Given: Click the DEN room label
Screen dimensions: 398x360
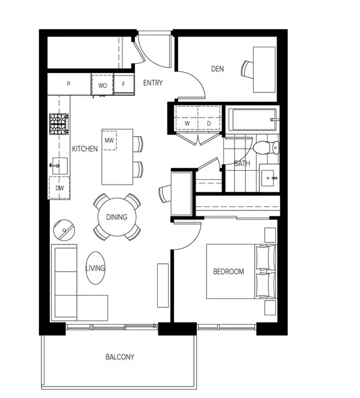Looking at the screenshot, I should [217, 69].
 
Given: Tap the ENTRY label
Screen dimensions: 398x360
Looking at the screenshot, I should [152, 83].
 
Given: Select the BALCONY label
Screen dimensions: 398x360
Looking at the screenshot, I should [120, 357].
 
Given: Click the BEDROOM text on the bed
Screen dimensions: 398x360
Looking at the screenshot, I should [229, 272].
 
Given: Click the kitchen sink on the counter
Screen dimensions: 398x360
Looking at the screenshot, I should [59, 164].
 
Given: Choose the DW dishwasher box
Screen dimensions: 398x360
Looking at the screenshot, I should [59, 188].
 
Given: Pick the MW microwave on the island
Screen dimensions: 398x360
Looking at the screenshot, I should [109, 141].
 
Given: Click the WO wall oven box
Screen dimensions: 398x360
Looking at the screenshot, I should [103, 85].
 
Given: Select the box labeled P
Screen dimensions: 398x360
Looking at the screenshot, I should [69, 85].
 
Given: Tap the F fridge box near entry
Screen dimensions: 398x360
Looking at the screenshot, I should [124, 85].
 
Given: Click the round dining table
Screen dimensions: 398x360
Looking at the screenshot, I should [117, 217].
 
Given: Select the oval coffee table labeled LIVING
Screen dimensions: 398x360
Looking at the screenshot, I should [95, 268].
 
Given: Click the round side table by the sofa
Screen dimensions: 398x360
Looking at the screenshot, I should [64, 228].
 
